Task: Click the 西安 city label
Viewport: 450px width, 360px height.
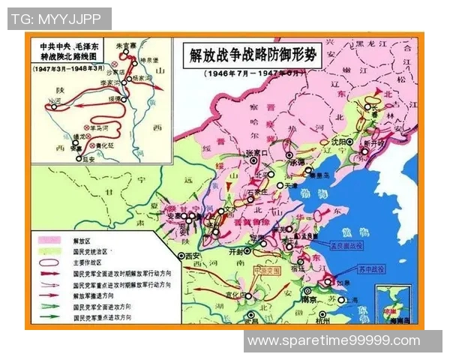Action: (193, 256)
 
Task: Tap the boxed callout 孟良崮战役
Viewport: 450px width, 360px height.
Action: (346, 244)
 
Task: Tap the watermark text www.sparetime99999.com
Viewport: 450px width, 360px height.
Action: (334, 341)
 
